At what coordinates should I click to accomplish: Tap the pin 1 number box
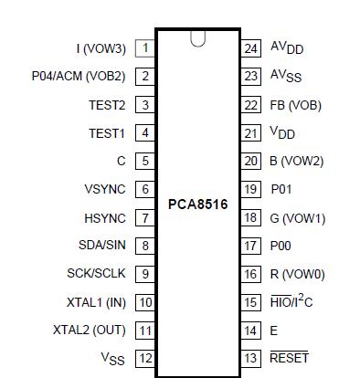tap(144, 47)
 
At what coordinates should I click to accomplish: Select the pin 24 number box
tap(251, 47)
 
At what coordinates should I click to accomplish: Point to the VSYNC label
tap(105, 190)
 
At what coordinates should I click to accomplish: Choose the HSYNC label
tap(105, 218)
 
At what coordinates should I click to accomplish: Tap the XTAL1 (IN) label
tap(96, 302)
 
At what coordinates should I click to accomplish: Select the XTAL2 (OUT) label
tap(90, 331)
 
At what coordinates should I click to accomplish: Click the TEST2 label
tap(107, 105)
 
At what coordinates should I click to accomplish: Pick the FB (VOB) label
tap(295, 105)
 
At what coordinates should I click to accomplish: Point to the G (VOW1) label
tap(298, 218)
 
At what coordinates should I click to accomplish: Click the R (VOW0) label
tap(297, 274)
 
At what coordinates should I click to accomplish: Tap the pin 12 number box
tap(144, 358)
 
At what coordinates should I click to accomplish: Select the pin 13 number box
tap(251, 358)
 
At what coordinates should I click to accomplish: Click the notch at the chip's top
tap(197, 38)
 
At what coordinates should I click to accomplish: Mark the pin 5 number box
tap(144, 162)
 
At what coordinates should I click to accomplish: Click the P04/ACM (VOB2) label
tap(78, 77)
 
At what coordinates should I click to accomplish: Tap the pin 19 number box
tap(251, 190)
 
